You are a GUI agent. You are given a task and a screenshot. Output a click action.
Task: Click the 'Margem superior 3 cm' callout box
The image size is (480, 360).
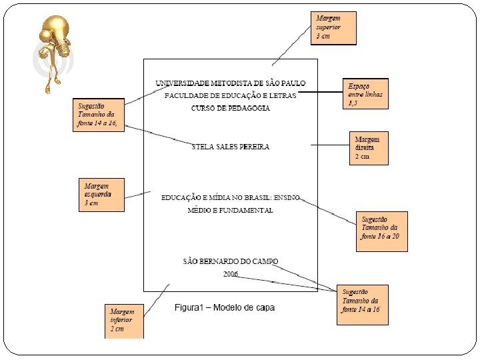click(333, 27)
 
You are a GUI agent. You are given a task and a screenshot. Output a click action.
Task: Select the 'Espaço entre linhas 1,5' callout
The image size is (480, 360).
click(366, 94)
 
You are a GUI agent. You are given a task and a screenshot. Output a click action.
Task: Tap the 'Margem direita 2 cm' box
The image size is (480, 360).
click(368, 147)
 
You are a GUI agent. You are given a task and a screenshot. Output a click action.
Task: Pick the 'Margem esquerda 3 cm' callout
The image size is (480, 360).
click(101, 194)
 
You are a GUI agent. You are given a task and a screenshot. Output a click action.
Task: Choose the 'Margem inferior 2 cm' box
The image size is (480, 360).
click(124, 320)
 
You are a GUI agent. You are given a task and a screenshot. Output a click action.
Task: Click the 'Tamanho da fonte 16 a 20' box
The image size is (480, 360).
click(381, 231)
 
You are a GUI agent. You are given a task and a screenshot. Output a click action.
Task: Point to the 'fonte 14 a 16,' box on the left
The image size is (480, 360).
click(98, 115)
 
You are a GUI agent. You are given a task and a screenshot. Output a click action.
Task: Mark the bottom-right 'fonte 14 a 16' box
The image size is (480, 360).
click(362, 305)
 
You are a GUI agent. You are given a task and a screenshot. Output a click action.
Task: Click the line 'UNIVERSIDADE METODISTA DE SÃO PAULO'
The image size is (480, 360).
click(231, 83)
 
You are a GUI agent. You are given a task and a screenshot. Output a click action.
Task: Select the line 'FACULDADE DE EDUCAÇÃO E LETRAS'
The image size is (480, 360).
click(231, 95)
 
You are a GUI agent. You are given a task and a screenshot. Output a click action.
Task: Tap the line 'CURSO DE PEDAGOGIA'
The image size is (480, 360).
click(231, 108)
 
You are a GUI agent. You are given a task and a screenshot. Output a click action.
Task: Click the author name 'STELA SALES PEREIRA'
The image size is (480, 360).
click(231, 147)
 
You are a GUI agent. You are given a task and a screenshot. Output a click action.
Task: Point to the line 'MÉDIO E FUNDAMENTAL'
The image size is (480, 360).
click(231, 211)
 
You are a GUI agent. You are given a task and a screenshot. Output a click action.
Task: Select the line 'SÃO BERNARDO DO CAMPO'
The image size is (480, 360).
click(231, 261)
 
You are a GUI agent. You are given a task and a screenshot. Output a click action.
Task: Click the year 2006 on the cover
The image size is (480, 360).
click(231, 273)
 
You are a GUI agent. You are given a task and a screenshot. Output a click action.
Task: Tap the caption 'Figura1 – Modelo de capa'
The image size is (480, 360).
click(225, 308)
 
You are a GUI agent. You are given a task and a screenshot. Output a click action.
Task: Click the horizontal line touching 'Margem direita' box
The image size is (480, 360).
click(331, 145)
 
